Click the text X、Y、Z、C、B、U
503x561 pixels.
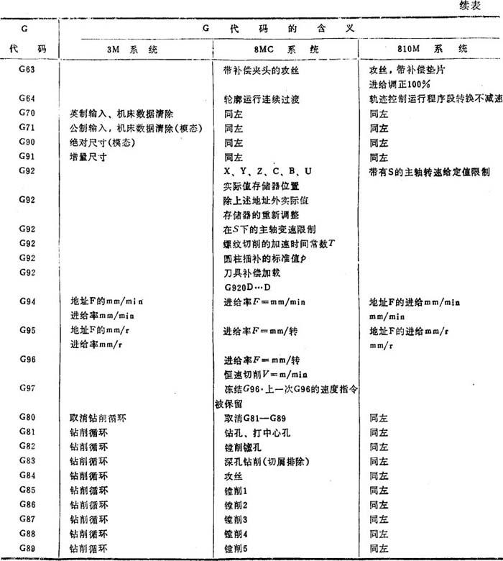pos(267,171)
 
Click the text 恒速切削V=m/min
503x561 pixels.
pos(267,374)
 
